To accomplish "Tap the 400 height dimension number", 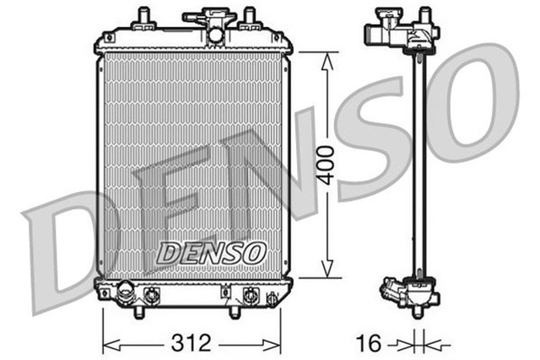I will (x=327, y=164).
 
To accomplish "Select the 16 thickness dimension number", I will (x=369, y=343).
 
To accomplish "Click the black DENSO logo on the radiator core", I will (x=212, y=252).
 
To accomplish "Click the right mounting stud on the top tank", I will (x=249, y=18).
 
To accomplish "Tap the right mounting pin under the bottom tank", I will (x=233, y=311).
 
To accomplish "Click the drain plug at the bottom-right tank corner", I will (x=272, y=299).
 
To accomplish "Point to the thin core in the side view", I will (x=415, y=160).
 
